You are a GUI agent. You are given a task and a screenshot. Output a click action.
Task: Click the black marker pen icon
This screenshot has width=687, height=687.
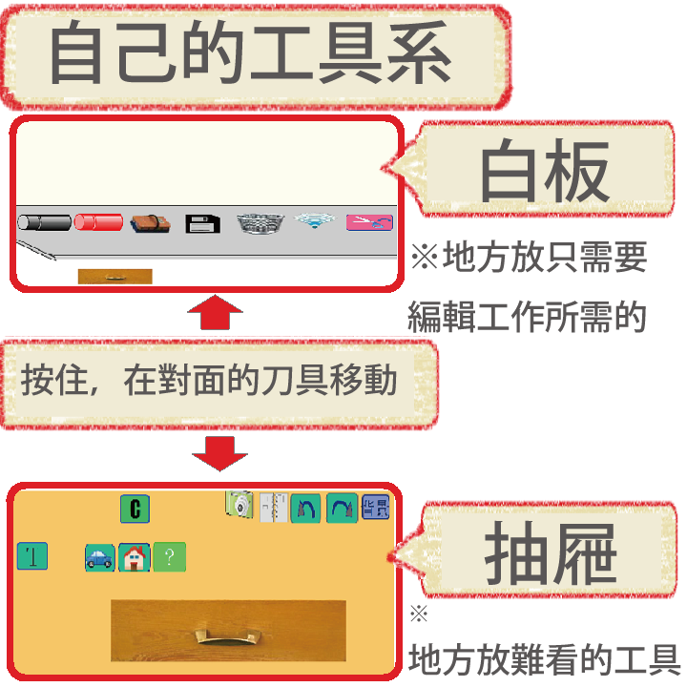point(44,222)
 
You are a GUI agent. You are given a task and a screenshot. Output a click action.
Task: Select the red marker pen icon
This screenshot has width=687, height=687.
point(98,222)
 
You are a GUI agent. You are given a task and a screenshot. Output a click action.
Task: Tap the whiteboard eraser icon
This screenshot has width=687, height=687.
point(151,224)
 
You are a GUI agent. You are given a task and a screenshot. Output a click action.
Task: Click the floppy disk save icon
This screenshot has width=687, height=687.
point(202,224)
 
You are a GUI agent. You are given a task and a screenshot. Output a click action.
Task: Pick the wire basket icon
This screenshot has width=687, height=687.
point(260,223)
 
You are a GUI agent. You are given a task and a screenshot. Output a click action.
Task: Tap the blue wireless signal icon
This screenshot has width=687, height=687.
point(315,220)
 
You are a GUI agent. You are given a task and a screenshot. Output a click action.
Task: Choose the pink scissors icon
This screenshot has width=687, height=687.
point(369,222)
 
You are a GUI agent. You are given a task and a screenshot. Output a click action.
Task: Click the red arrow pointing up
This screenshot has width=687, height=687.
point(215,312)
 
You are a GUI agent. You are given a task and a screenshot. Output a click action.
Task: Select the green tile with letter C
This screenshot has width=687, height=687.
point(135,509)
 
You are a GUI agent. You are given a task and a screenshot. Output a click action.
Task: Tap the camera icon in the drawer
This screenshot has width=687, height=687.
point(239,505)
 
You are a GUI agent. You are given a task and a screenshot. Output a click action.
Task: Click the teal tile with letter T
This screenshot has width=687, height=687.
point(32,556)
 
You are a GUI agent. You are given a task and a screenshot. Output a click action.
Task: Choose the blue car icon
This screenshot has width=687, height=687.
point(100,558)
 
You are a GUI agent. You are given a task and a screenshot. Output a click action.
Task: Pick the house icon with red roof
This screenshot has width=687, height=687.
point(135,557)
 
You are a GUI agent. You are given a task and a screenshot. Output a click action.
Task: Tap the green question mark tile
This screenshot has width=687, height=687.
point(170,557)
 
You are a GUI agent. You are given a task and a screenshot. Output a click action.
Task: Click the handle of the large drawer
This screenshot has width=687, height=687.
point(228,637)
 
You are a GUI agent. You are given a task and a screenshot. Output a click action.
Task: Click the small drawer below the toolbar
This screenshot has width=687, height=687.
point(115,277)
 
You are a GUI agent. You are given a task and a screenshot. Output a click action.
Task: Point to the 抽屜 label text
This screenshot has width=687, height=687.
point(550,552)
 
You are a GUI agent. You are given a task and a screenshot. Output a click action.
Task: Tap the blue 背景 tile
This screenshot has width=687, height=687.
point(376,508)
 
